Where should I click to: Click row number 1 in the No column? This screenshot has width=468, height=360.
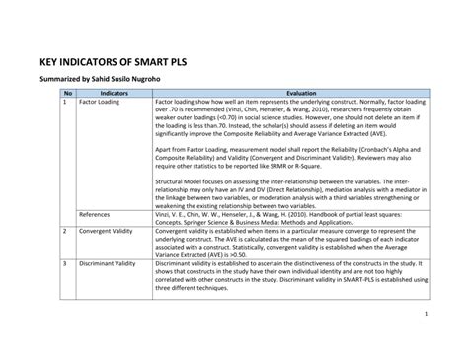[65, 101]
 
